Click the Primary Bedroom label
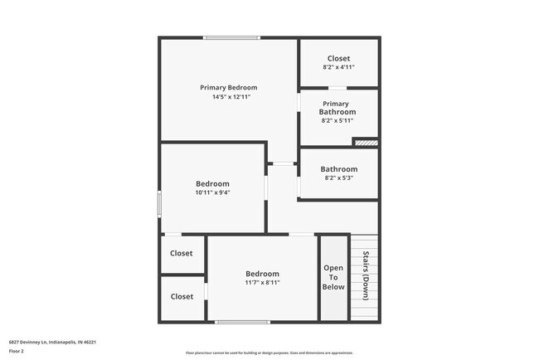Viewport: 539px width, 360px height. (228, 87)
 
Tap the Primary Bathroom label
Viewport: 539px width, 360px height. (338, 108)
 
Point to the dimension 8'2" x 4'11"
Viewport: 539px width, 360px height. (337, 67)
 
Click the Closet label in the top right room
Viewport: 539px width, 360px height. (338, 58)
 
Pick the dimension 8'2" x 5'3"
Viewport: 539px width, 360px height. (338, 178)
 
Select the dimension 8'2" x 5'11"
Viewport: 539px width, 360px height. (337, 120)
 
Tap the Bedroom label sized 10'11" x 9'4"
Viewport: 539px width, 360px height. (212, 183)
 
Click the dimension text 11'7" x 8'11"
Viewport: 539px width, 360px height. (262, 283)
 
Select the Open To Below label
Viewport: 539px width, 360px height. (333, 277)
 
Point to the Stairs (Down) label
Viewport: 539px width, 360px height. (365, 275)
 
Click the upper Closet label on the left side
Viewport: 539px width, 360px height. (182, 254)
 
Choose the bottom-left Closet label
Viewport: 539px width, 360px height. (182, 296)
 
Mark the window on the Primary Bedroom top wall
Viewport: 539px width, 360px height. (232, 37)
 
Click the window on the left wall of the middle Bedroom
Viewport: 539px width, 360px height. (159, 202)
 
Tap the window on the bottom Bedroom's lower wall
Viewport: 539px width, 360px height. (241, 322)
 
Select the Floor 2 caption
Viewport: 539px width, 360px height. (17, 352)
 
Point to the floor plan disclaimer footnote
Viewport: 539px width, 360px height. (269, 353)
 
